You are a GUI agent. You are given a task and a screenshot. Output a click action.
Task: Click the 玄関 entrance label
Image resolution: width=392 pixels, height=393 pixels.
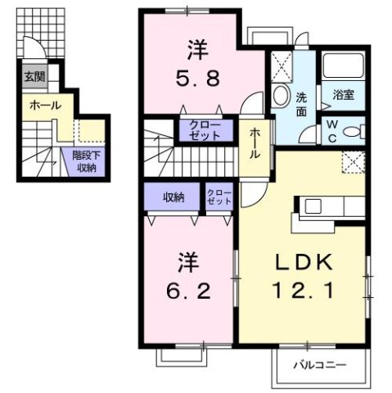(x=34, y=78)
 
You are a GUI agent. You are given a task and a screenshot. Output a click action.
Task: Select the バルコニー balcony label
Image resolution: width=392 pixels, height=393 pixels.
(x=319, y=365)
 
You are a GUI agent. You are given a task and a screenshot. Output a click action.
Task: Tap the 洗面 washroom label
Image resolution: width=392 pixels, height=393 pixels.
(x=301, y=103)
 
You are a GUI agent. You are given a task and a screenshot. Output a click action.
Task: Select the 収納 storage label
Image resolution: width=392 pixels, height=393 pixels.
(x=173, y=196)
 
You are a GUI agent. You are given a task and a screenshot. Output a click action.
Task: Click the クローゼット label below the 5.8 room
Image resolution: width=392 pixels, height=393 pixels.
(x=203, y=130)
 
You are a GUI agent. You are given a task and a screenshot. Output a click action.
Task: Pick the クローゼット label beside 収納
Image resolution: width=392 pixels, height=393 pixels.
(x=219, y=196)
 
